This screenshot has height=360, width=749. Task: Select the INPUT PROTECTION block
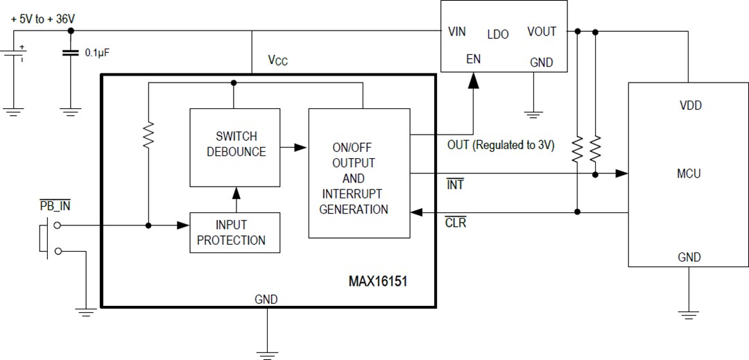pyautogui.click(x=236, y=233)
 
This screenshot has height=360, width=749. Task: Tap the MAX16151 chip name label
pyautogui.click(x=381, y=282)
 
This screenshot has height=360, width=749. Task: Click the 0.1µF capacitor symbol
pyautogui.click(x=70, y=53)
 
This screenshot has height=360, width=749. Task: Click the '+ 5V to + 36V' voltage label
pyautogui.click(x=42, y=19)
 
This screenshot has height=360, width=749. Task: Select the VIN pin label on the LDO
pyautogui.click(x=457, y=32)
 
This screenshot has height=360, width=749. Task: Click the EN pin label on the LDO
pyautogui.click(x=473, y=60)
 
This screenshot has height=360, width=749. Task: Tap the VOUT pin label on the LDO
pyautogui.click(x=542, y=32)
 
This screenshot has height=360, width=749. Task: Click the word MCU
pyautogui.click(x=689, y=173)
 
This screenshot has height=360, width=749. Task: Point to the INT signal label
pyautogui.click(x=455, y=185)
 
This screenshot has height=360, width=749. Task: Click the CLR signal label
pyautogui.click(x=456, y=223)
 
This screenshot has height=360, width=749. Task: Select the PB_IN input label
pyautogui.click(x=56, y=205)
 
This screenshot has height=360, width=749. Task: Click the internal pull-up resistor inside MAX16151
pyautogui.click(x=148, y=136)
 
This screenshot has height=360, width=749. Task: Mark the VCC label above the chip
pyautogui.click(x=278, y=60)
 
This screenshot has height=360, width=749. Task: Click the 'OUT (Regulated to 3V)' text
pyautogui.click(x=501, y=146)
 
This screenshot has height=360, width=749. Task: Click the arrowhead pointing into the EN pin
pyautogui.click(x=473, y=81)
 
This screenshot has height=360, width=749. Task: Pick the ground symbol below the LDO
pyautogui.click(x=533, y=113)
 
